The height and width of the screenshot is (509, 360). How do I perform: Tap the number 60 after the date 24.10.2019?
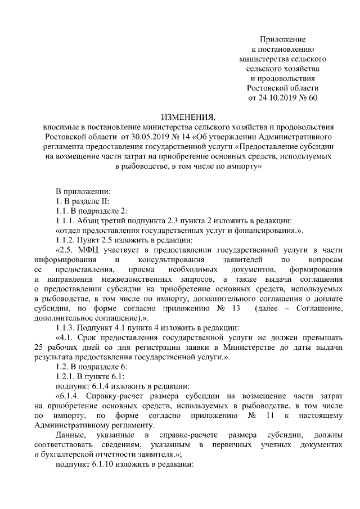313,98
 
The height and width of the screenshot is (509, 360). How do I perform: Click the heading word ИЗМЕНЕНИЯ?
188,118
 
